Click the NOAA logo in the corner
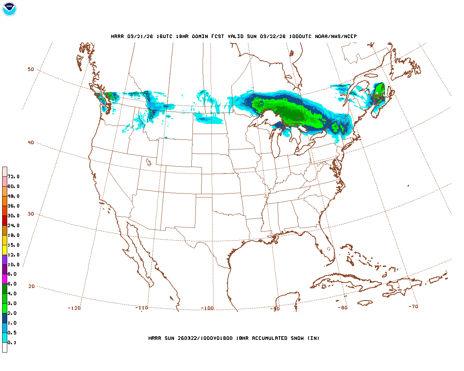pos(9,9)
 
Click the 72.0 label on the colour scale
pos(13,177)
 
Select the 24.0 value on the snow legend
pos(13,226)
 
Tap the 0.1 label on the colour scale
pos(12,343)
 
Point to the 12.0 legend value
pos(13,255)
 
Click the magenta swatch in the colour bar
pos(5,279)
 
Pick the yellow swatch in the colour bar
pos(5,250)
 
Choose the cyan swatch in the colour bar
pos(5,338)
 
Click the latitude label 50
pos(31,69)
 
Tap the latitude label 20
pos(32,286)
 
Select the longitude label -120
pos(74,308)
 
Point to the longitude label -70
pos(413,307)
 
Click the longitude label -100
pos(207,308)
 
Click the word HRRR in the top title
pos(117,37)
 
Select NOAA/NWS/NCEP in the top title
pos(336,37)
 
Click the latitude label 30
pos(31,214)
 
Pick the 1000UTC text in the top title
pos(300,37)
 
